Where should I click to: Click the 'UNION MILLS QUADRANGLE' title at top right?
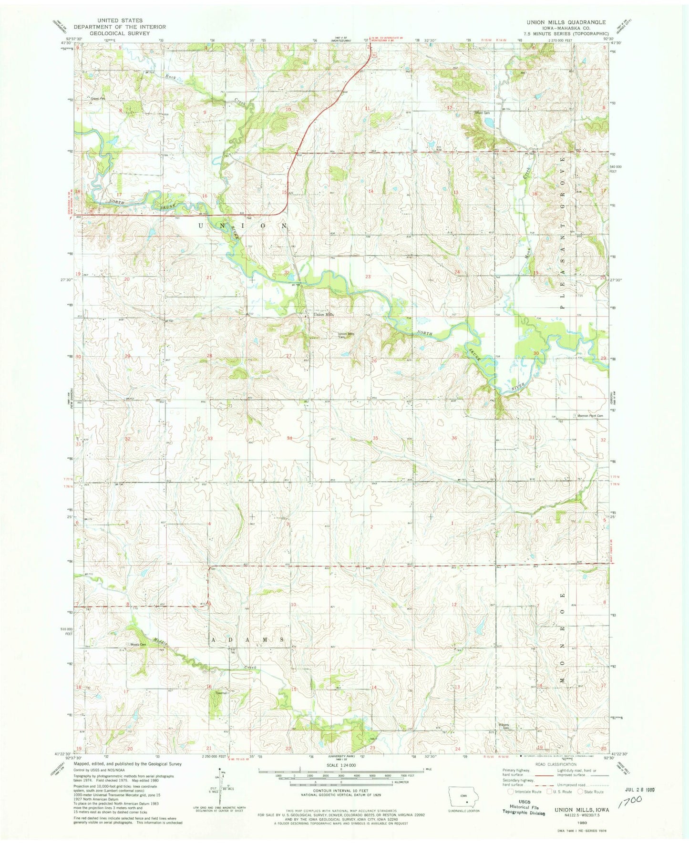(x=566, y=22)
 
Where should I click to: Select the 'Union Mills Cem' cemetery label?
(x=347, y=335)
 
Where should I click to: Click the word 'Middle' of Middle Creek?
(x=160, y=642)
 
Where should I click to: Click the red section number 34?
(x=289, y=438)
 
